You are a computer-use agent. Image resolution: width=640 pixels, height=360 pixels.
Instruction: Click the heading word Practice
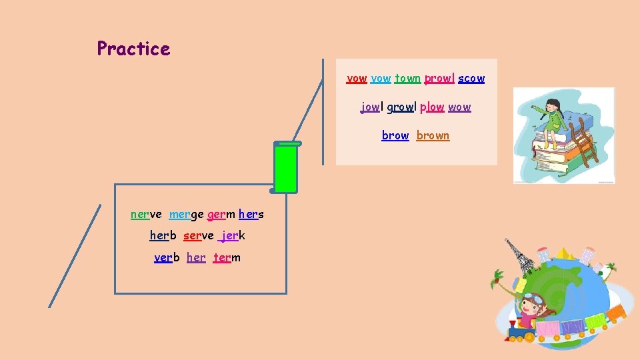point(133,49)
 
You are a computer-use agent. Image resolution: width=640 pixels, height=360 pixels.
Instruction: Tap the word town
point(407,79)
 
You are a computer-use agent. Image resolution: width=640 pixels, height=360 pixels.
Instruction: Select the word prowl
point(439,79)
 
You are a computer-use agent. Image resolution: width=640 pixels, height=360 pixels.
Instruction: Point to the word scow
point(471,79)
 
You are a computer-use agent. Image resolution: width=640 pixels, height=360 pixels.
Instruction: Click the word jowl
point(371,107)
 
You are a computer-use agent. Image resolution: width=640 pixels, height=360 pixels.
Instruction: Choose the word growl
point(401,107)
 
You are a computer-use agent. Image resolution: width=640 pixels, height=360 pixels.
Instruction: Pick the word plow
point(432,107)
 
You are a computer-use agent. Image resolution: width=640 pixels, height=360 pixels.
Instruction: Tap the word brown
point(433,136)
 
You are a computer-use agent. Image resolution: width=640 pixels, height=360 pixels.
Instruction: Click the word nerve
point(146,215)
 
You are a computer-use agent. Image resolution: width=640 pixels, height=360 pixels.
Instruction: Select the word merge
point(186,215)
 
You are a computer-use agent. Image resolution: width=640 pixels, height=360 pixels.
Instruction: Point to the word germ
point(221,215)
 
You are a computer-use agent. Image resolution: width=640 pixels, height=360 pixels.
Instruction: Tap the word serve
point(198,236)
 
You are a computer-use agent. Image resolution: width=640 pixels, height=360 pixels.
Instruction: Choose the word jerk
point(232,236)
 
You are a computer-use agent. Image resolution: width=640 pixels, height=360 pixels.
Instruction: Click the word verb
point(167,258)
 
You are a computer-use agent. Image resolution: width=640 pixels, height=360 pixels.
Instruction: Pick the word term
point(227,258)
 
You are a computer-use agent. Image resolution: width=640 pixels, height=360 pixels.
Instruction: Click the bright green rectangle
point(286,169)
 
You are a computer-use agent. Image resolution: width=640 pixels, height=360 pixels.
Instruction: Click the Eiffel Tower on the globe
point(519,256)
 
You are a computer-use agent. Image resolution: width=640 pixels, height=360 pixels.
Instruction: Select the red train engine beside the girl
point(522,328)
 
